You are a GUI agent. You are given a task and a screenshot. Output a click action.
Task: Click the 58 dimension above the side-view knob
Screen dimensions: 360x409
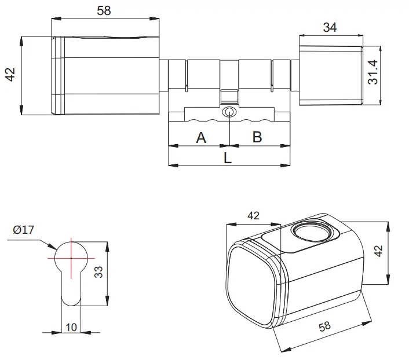pos(104,10)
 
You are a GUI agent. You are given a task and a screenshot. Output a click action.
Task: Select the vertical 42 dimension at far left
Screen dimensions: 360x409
pos(10,75)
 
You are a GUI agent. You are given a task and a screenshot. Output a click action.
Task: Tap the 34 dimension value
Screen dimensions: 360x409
pos(330,27)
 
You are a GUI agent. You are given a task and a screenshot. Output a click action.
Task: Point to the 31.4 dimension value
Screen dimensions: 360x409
pos(374,72)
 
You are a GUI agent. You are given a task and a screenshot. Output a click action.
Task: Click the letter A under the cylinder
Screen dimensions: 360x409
pos(201,138)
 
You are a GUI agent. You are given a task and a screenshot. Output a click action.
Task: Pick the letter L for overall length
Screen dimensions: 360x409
pos(228,158)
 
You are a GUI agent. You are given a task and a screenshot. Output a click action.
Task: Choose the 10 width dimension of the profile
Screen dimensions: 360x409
pos(71,327)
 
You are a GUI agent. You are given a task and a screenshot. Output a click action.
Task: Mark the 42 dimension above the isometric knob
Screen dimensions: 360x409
pos(253,216)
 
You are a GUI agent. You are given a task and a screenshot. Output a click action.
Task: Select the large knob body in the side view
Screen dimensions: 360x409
pos(110,75)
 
